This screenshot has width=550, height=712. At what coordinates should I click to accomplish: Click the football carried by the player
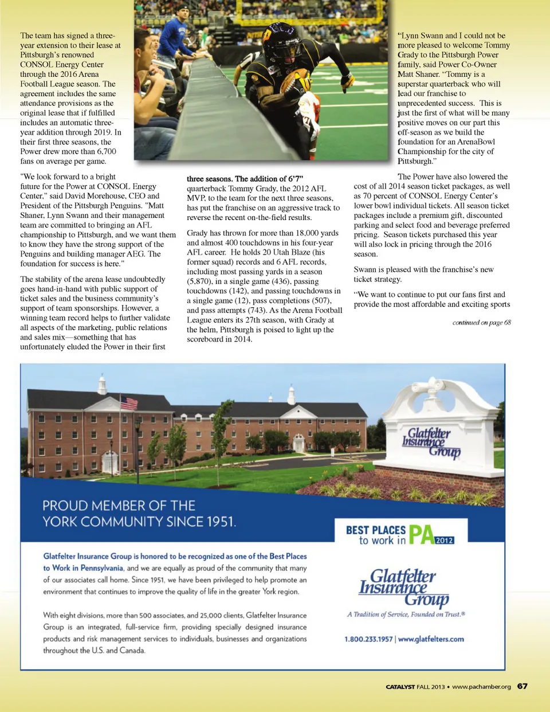coord(296,80)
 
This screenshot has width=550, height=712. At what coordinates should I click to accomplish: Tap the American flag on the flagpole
coord(129,402)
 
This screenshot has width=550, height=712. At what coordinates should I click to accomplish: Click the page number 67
coord(522,686)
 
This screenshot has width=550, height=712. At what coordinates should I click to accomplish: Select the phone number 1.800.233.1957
coord(368,639)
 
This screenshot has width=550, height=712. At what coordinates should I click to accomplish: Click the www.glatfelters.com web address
coord(431,639)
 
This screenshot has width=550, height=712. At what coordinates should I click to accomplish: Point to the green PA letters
coord(421,534)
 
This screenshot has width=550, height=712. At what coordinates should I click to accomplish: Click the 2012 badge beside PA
coord(445,540)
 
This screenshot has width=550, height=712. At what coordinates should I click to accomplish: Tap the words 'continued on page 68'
coord(481,322)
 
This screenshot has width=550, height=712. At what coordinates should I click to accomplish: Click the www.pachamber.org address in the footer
coord(481,687)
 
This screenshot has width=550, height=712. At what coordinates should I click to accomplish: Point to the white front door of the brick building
coord(298,444)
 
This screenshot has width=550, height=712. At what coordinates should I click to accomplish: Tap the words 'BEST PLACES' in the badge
coord(375,530)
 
